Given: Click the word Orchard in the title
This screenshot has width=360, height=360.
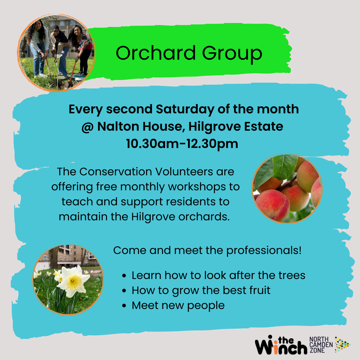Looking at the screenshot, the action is coord(155,53).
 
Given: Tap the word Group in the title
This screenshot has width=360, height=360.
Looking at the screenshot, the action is coord(232,54).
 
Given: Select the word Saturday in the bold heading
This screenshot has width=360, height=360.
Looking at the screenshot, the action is coord(185,109).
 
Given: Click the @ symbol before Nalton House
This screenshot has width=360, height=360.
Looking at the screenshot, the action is coord(87,127).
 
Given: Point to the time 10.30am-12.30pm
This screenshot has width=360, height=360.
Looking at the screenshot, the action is coord(182,144).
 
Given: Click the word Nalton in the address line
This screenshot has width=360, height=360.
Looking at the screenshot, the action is coord(118,126).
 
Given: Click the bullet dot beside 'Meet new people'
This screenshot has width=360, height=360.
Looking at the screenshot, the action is coord(124,306).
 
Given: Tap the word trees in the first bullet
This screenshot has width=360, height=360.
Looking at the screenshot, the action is coord(292,275).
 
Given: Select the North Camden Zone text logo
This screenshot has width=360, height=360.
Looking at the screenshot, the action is coord(321,345).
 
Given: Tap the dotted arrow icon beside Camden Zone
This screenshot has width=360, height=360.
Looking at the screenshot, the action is coord(342,345).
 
